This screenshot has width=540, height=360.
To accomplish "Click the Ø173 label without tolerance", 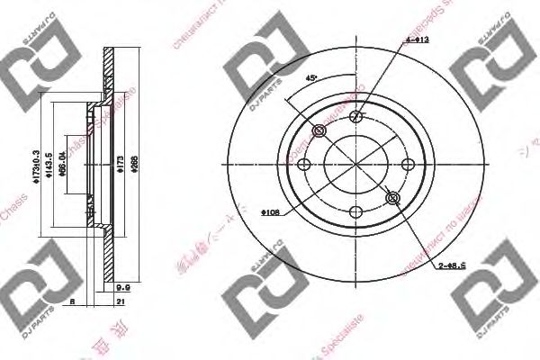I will pyautogui.click(x=121, y=165).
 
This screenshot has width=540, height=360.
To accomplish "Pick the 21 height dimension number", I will pyautogui.click(x=120, y=303).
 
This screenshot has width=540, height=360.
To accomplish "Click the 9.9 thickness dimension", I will pyautogui.click(x=125, y=288).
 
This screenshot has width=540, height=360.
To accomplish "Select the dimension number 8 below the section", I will pyautogui.click(x=71, y=303).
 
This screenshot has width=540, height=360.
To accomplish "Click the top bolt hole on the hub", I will pyautogui.click(x=356, y=115).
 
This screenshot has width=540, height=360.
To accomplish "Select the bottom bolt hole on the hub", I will pyautogui.click(x=356, y=213).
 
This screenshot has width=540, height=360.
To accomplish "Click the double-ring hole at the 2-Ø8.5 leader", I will pyautogui.click(x=391, y=199).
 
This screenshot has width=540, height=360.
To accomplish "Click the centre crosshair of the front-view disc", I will pyautogui.click(x=356, y=165).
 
